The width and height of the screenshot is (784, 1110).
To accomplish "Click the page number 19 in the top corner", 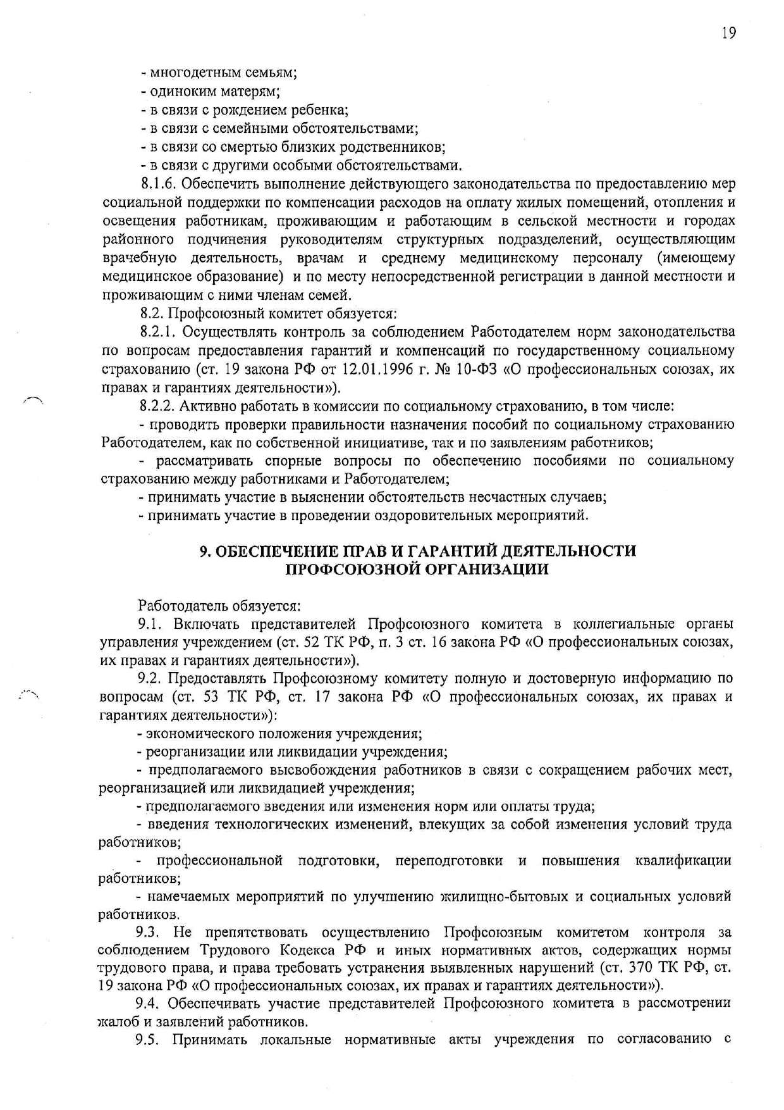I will [x=728, y=33].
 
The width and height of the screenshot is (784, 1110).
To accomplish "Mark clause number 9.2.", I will [x=152, y=679].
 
